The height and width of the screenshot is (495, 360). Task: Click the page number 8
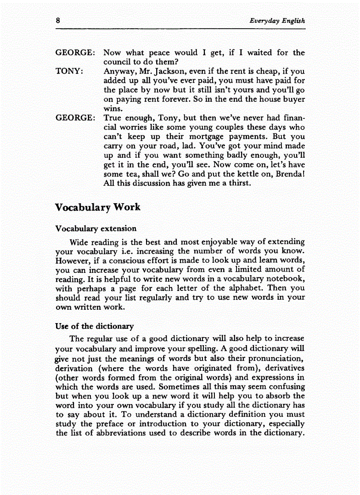58,20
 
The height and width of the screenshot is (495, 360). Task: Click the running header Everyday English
277,21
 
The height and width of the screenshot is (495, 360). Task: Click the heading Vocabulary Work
98,207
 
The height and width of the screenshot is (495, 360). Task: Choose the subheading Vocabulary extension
96,228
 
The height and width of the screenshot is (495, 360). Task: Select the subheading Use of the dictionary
94,326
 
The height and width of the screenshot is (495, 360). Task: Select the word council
117,62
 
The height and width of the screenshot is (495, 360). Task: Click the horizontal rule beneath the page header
180,29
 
